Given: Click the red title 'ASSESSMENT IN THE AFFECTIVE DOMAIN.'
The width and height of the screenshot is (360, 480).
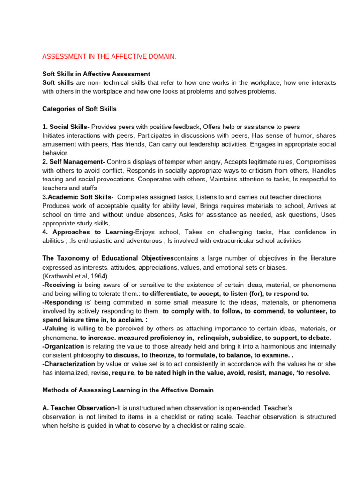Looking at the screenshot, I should [109, 57].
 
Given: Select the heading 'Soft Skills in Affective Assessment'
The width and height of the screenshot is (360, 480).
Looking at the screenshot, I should [96, 74].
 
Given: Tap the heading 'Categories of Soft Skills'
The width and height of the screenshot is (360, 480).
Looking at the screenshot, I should [79, 109].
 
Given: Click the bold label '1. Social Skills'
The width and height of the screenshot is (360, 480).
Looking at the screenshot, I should [65, 127].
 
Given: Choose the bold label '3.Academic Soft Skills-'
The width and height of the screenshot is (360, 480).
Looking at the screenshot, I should [78, 197].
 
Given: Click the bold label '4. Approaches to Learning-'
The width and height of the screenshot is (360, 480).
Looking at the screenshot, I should [89, 232].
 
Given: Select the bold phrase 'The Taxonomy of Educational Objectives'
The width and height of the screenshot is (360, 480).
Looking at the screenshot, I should [108, 258].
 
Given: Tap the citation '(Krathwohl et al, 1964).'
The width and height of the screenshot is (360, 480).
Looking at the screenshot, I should [75, 276].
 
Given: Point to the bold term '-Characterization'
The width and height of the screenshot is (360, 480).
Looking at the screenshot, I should [68, 364].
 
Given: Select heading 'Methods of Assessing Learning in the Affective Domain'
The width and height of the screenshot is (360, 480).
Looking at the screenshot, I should [128, 390].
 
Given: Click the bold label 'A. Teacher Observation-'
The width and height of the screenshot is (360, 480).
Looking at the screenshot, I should [79, 408].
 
